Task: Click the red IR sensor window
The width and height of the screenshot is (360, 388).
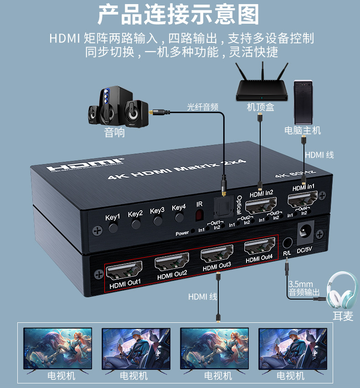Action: (199, 214)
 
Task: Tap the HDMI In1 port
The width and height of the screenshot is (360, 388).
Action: (303, 201)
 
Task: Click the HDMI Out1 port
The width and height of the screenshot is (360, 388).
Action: (124, 273)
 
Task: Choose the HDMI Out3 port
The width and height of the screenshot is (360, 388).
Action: (217, 255)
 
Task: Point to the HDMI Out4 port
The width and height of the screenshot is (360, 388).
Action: (260, 248)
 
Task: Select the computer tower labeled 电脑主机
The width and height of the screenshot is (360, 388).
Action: (303, 102)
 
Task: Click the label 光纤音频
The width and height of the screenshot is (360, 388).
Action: (203, 107)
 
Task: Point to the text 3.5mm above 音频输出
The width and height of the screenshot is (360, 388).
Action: (298, 283)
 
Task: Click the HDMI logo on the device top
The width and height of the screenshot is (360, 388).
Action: (84, 165)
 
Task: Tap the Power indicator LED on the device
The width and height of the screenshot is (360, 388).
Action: (193, 231)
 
